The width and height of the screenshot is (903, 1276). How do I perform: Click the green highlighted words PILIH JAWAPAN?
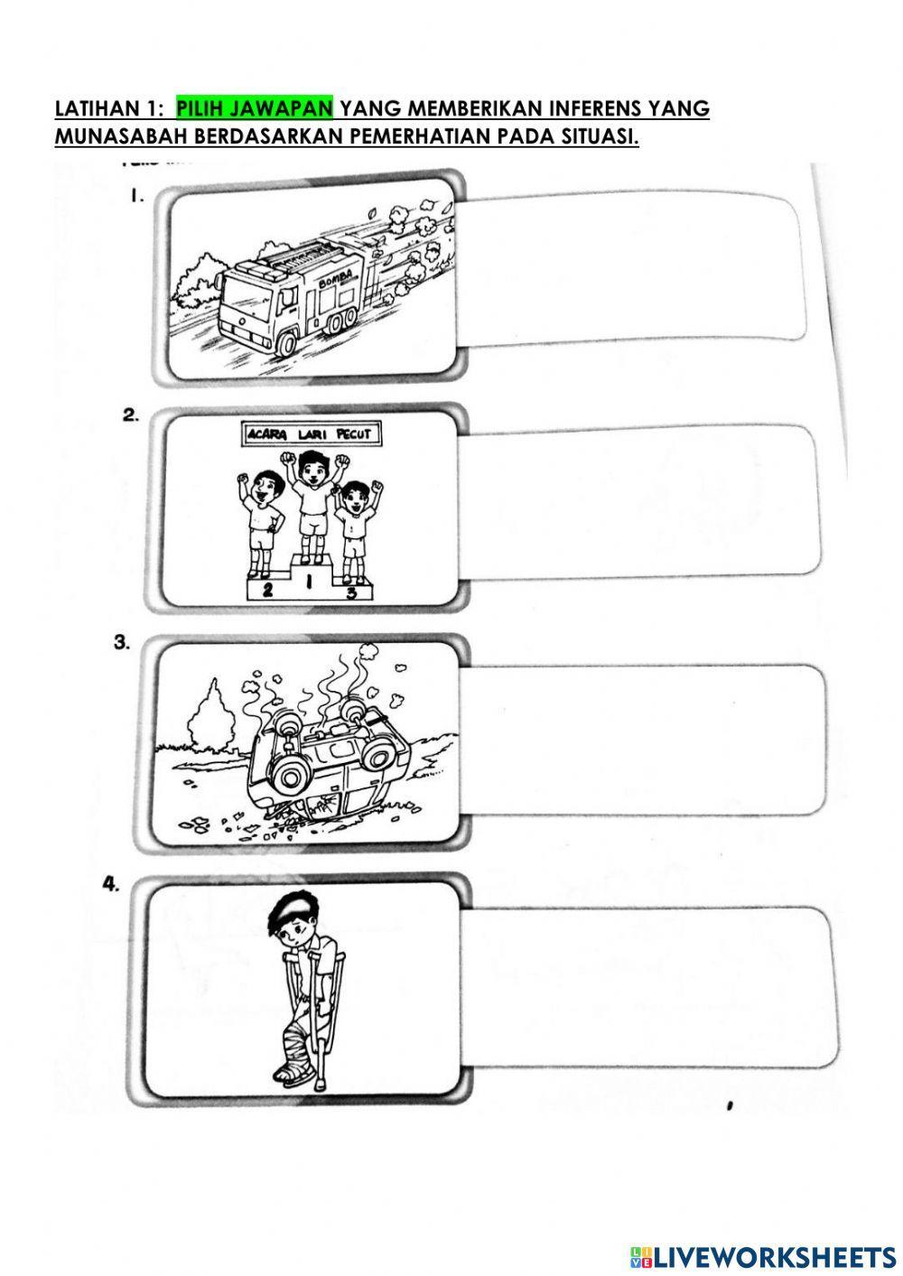coord(254,107)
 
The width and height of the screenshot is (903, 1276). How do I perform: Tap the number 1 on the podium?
coord(308,581)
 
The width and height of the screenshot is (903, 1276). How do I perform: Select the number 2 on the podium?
coord(266,591)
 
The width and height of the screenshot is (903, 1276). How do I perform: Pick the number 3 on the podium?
coord(351,592)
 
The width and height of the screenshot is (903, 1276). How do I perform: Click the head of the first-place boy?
coord(309,467)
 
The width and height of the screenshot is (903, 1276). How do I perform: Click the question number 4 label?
coord(110,884)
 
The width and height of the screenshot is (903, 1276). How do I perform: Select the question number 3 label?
coord(121,642)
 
